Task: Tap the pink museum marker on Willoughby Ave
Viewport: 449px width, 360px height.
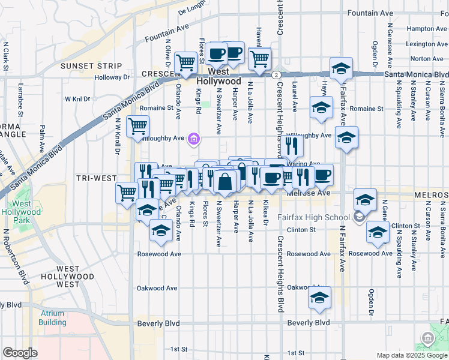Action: point(193,139)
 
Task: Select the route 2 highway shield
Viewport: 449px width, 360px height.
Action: point(276,74)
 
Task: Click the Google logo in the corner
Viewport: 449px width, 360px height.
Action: point(20,353)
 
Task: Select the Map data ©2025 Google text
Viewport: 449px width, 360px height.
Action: point(411,355)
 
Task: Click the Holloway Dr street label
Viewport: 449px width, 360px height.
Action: point(112,77)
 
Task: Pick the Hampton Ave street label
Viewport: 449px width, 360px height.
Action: point(426,28)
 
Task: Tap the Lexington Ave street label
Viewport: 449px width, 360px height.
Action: point(427,44)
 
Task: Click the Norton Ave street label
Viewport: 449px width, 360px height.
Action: point(428,59)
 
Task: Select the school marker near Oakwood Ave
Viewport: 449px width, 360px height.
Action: point(319,298)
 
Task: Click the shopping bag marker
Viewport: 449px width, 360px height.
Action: point(224,182)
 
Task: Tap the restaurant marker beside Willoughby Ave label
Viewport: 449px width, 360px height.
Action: point(292,146)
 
